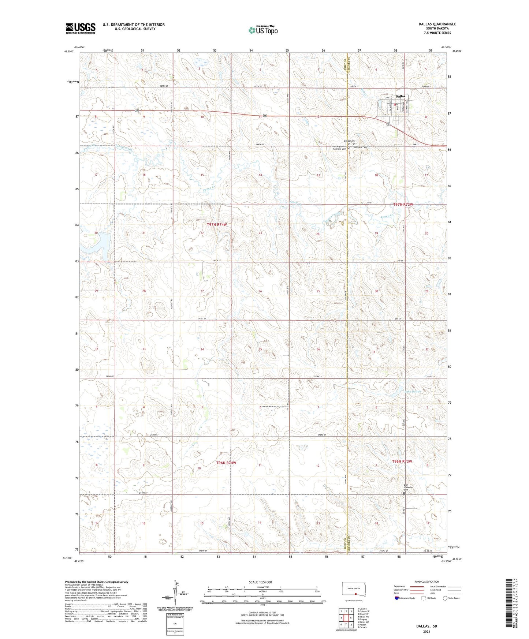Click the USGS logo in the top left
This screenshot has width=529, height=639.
click(80, 28)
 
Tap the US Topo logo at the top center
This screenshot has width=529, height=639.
click(262, 30)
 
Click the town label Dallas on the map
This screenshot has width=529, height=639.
click(401, 96)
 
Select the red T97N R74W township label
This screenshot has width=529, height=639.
click(219, 224)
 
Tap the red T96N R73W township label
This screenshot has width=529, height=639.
click(402, 461)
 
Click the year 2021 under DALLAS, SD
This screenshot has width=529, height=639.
click(426, 631)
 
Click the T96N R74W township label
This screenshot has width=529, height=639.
click(226, 463)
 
